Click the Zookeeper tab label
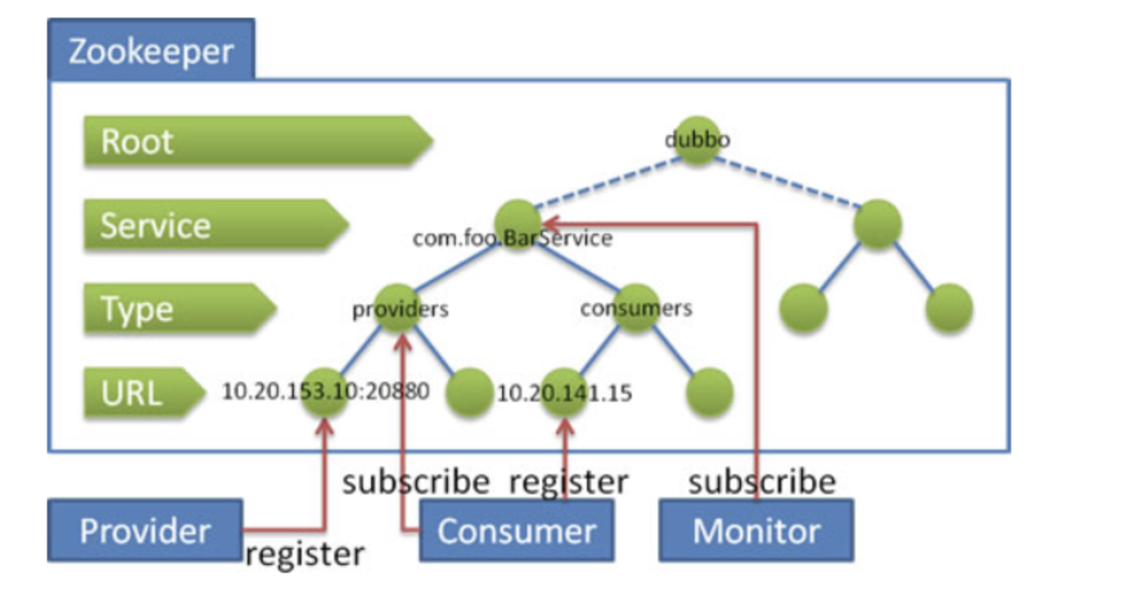tap(151, 51)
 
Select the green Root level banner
tap(255, 141)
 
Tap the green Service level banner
tap(212, 225)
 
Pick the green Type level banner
tap(177, 308)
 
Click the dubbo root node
tap(697, 140)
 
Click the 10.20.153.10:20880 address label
tap(325, 392)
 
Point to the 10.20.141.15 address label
tap(564, 393)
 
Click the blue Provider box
tap(145, 530)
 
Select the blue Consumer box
tap(517, 530)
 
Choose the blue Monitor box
tap(756, 530)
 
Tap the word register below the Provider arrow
tap(304, 554)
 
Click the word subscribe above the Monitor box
tap(762, 482)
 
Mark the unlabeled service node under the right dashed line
tap(877, 224)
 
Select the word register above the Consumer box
tap(568, 482)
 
